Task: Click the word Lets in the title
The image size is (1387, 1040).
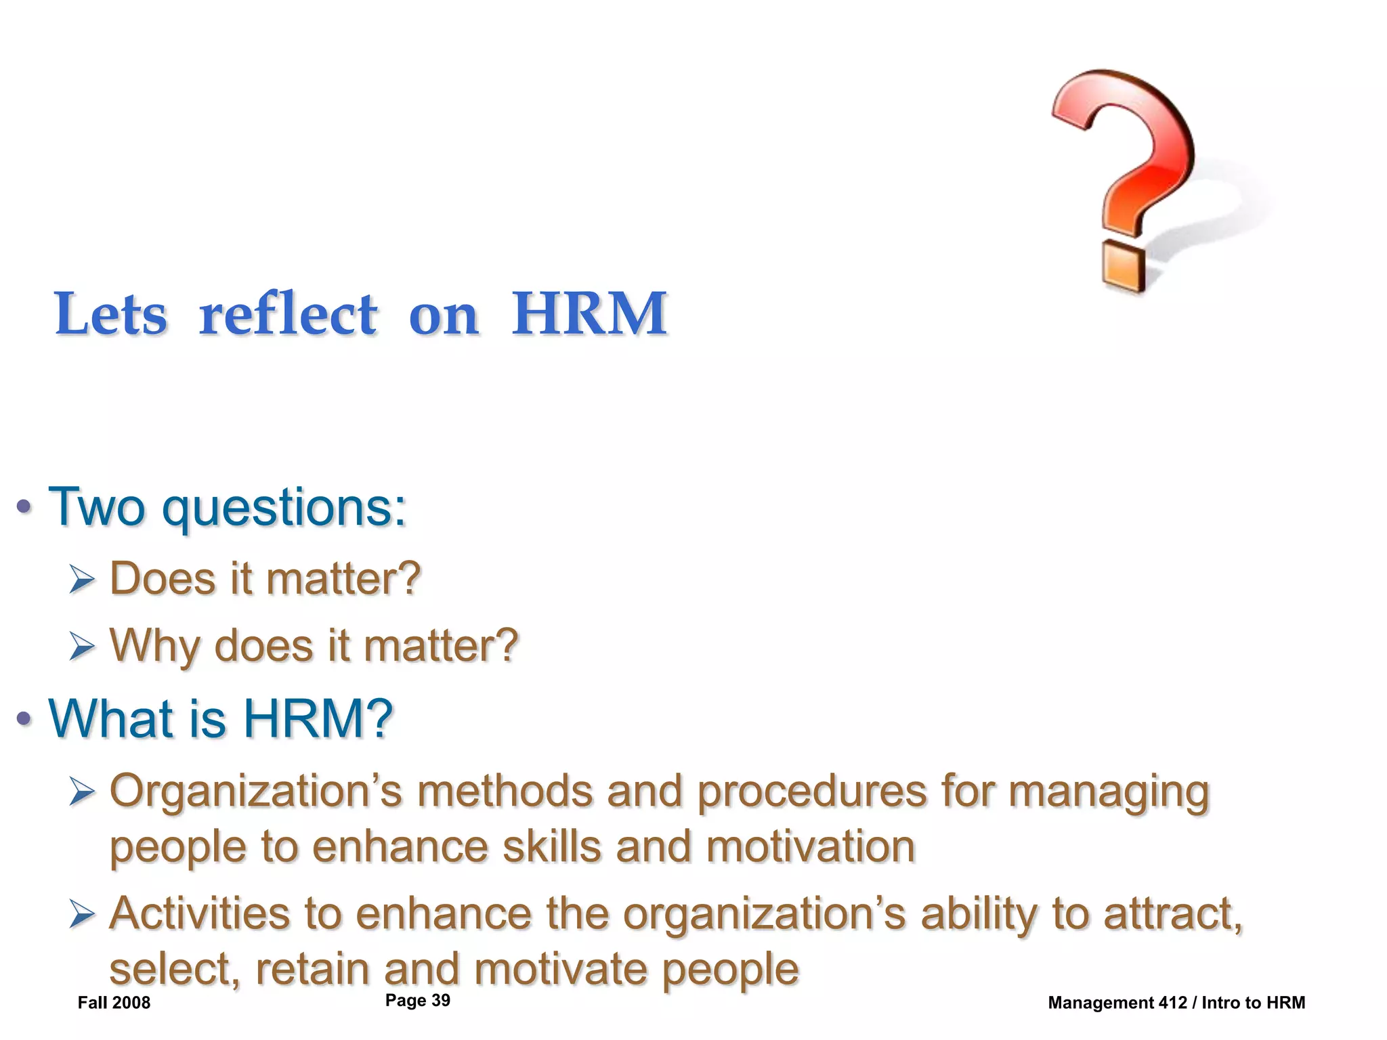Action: pyautogui.click(x=110, y=314)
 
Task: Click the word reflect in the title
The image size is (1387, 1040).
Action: pyautogui.click(x=288, y=314)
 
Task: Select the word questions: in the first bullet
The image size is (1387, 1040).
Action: pyautogui.click(x=284, y=508)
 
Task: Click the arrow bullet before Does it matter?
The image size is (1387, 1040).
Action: pyautogui.click(x=82, y=580)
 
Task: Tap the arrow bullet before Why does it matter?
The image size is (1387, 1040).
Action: pyautogui.click(x=82, y=647)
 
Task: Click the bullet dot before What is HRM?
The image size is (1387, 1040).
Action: pyautogui.click(x=24, y=718)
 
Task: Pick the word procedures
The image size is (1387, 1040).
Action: pyautogui.click(x=812, y=792)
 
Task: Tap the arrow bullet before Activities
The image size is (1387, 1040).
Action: pyautogui.click(x=82, y=915)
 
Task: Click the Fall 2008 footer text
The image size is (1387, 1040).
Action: pyautogui.click(x=114, y=1003)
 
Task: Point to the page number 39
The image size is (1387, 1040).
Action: pyautogui.click(x=440, y=1000)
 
